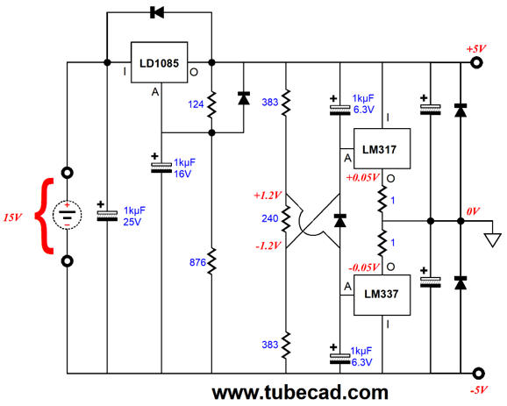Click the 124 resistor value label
[x=196, y=104]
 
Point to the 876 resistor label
[x=197, y=262]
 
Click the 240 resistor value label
[x=270, y=219]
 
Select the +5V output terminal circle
[x=476, y=62]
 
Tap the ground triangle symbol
[x=492, y=240]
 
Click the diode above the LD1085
[x=157, y=12]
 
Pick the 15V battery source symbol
[x=67, y=215]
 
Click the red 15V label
[x=12, y=217]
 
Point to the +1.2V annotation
[x=268, y=196]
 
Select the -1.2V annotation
[x=268, y=246]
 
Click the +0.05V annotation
[x=362, y=177]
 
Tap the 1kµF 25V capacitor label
[x=134, y=217]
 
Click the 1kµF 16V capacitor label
[x=184, y=168]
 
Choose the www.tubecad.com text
[x=300, y=393]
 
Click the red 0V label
[x=473, y=211]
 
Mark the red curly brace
[x=45, y=216]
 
